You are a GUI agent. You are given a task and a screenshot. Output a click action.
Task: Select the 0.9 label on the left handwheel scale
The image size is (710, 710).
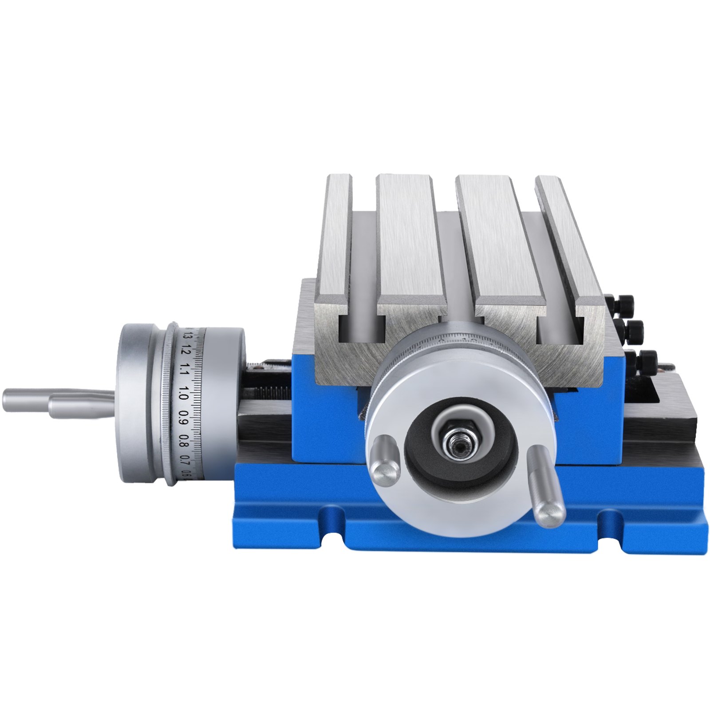184,419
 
